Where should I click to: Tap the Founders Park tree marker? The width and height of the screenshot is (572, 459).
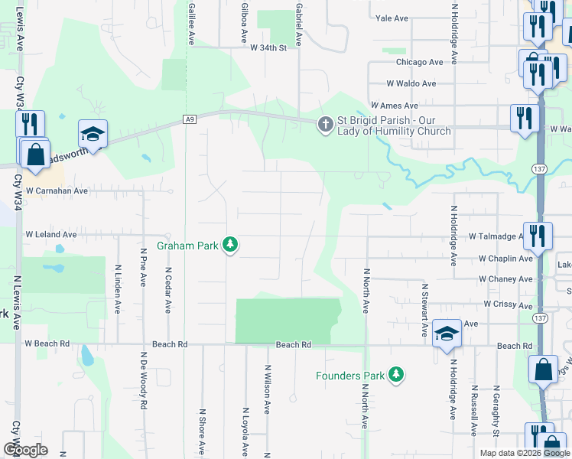click(395, 374)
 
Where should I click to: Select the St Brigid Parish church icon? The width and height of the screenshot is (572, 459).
click(325, 124)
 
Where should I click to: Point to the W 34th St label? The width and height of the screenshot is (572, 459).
click(268, 47)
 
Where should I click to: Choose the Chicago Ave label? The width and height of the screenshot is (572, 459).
click(419, 62)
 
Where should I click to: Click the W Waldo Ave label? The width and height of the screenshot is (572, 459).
click(411, 83)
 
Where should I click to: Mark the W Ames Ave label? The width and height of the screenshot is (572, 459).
click(394, 105)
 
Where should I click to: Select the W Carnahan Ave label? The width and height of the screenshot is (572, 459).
click(57, 190)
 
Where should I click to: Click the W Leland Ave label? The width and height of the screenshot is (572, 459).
click(51, 234)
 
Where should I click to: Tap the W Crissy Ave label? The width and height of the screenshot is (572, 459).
click(508, 304)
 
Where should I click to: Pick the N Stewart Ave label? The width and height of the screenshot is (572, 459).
click(424, 311)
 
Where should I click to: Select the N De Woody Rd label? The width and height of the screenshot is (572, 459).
click(143, 381)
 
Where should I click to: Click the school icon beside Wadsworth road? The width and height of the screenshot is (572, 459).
click(93, 133)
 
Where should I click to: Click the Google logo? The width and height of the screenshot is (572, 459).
click(26, 450)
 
